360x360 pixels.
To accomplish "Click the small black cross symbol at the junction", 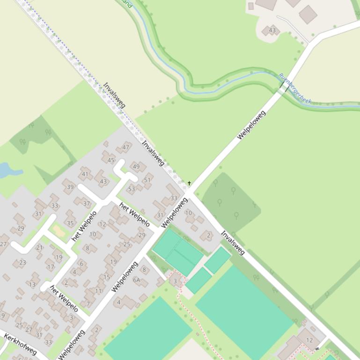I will [189, 183].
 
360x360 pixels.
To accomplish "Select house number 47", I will [125, 147].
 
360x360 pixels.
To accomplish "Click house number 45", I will [111, 160].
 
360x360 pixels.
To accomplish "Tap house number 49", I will [136, 166].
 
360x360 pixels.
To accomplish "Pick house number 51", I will [147, 180].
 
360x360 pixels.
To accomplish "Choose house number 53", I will [132, 189].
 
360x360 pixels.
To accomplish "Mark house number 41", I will [85, 174].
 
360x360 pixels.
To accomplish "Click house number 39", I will [70, 187].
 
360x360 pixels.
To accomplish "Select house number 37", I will [87, 203].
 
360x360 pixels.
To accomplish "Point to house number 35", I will [70, 223].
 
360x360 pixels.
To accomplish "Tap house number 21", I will [39, 247].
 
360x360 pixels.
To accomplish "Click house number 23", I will [22, 262].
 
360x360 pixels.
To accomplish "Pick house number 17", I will [51, 267].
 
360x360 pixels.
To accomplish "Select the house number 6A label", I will [137, 280].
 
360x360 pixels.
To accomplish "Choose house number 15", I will [107, 277].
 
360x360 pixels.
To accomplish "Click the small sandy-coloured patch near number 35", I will [59, 230].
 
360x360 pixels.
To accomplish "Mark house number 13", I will [32, 284].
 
